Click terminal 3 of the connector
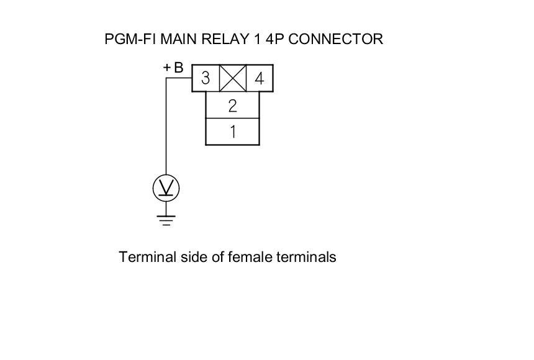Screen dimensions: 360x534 pyautogui.click(x=206, y=78)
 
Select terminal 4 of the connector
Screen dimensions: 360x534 pyautogui.click(x=260, y=78)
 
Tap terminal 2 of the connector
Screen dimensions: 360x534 pyautogui.click(x=232, y=105)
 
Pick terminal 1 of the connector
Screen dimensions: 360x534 pyautogui.click(x=232, y=132)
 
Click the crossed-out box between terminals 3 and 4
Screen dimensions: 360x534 pyautogui.click(x=233, y=78)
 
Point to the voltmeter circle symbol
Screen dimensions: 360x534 pyautogui.click(x=166, y=187)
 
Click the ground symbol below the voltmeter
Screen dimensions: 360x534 pyautogui.click(x=166, y=219)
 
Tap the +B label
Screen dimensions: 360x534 pyautogui.click(x=173, y=68)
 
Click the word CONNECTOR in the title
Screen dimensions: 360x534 pyautogui.click(x=336, y=39)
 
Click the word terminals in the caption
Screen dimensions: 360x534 pyautogui.click(x=307, y=256)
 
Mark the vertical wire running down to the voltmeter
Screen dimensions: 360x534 pyautogui.click(x=166, y=130)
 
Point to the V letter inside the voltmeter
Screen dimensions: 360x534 pyautogui.click(x=166, y=186)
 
